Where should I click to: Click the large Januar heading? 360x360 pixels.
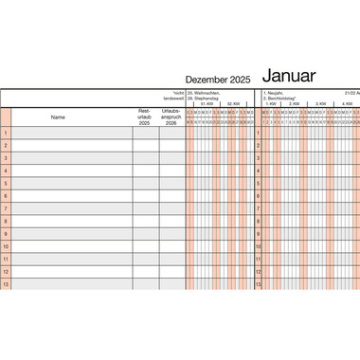tap(295, 76)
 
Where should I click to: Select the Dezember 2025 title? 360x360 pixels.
tap(218, 80)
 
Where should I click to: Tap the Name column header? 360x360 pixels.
tap(59, 117)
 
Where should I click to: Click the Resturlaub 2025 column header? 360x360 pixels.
tap(144, 117)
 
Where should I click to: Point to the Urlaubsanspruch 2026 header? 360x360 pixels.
tap(171, 117)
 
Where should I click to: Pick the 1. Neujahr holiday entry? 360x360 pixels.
tap(276, 93)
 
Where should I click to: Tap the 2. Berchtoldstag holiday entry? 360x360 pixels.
tap(281, 99)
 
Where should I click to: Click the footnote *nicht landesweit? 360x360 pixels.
tap(171, 96)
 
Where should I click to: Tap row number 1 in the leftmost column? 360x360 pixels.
tap(6, 133)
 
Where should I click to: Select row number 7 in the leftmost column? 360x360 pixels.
tap(6, 208)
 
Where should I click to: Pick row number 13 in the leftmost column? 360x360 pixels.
tap(6, 284)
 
